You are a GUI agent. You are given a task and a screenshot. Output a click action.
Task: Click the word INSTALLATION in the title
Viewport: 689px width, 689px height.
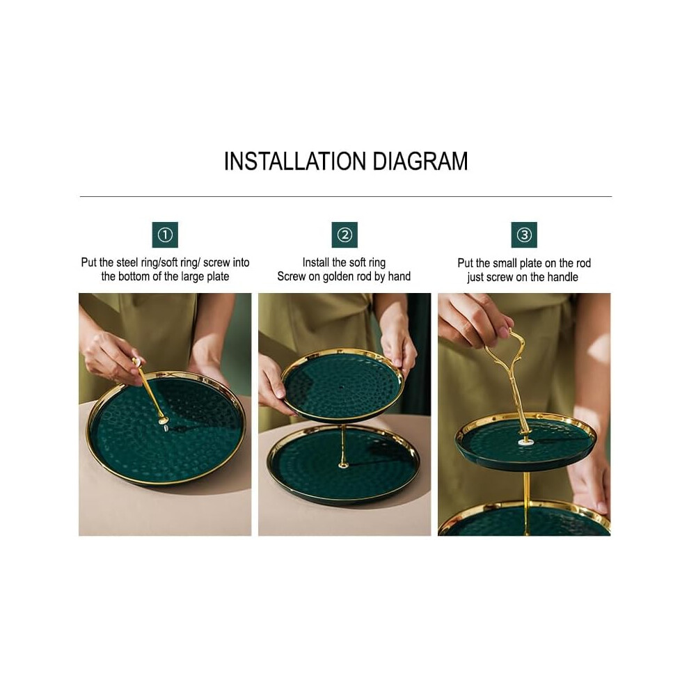(x=295, y=161)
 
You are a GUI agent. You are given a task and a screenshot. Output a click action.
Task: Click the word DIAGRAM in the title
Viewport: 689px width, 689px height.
(x=420, y=161)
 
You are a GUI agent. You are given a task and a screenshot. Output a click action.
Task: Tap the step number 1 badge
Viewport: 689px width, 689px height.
(x=165, y=235)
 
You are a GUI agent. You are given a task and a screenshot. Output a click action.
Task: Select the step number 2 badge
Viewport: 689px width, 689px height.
(x=344, y=235)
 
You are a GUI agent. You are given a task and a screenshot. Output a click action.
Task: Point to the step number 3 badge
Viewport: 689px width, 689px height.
(x=524, y=235)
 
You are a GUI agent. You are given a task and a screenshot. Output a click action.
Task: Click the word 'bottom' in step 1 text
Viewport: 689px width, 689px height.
(x=133, y=276)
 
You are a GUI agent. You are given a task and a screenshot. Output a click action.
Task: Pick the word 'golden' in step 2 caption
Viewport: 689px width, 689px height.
(x=339, y=277)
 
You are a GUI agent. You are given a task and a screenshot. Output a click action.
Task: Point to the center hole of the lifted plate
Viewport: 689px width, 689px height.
(x=342, y=388)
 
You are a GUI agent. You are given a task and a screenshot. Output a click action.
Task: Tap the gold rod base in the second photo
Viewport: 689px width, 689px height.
(x=343, y=464)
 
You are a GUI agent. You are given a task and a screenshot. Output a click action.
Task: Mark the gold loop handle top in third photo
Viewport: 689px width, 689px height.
(x=509, y=331)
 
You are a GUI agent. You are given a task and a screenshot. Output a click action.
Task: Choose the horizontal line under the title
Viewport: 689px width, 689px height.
(x=346, y=196)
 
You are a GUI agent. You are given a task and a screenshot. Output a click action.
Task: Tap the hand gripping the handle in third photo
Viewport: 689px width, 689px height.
(x=473, y=319)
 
